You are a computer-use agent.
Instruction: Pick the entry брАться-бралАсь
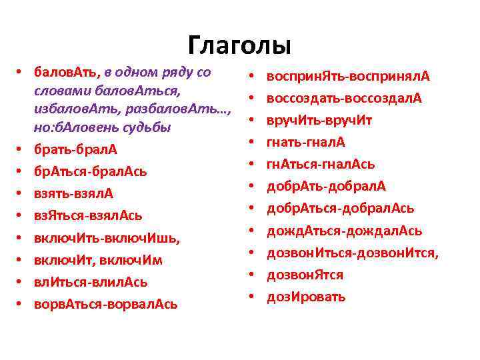(90, 171)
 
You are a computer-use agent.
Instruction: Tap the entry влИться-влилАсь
(91, 281)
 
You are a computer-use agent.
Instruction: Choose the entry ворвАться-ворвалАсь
(105, 304)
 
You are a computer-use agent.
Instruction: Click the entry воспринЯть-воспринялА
(348, 77)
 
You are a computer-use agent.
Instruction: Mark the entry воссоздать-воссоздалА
(344, 99)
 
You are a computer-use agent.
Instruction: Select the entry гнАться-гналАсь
(321, 165)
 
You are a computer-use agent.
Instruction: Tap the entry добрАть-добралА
(326, 187)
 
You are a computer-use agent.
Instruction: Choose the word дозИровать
(306, 297)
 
